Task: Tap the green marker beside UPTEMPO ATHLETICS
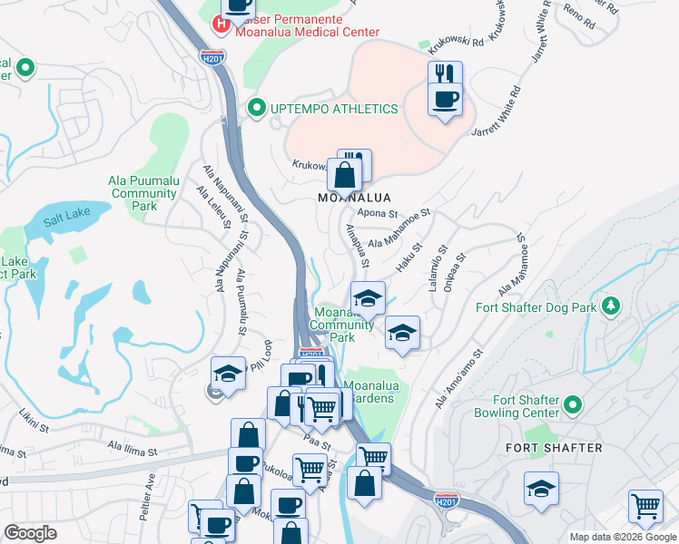click(256, 109)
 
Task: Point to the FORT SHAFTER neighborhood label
click(554, 448)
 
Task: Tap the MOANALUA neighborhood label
click(354, 197)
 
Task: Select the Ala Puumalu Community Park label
click(143, 193)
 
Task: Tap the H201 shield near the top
click(212, 57)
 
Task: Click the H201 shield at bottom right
click(445, 500)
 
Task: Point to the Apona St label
click(378, 213)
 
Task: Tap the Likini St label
click(38, 417)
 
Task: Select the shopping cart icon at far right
click(645, 505)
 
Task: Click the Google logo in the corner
click(30, 532)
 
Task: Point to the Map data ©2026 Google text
click(622, 537)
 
